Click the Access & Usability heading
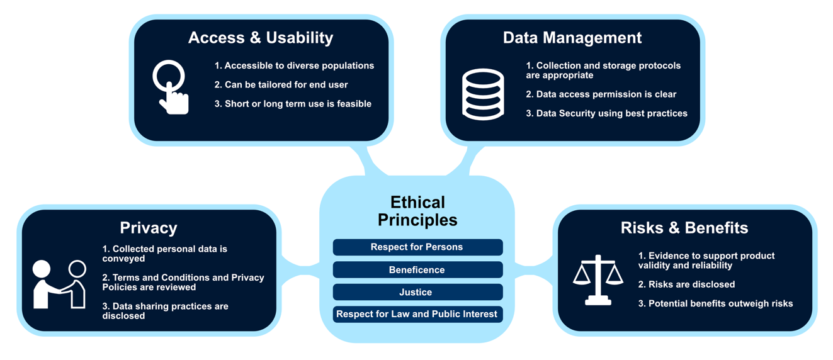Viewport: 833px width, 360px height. pos(260,38)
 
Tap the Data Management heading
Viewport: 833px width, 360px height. pos(572,38)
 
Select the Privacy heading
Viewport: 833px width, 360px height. pos(149,228)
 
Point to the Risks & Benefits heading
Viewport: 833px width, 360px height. pos(684,228)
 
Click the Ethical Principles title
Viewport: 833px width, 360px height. pos(417,211)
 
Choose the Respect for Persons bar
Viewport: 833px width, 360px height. pos(417,247)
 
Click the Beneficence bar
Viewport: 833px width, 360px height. pos(417,269)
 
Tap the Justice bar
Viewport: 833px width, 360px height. pos(417,292)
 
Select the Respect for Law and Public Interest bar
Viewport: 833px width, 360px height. pos(417,314)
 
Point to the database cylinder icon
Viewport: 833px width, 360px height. pos(483,94)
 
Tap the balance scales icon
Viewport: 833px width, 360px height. pos(598,280)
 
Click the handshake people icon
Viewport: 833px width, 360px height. pos(59,284)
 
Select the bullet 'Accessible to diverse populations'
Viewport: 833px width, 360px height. pos(294,66)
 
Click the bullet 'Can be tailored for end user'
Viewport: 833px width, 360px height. pos(281,85)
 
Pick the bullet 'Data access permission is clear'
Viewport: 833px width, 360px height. pos(601,94)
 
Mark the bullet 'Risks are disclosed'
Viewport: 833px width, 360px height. pos(686,284)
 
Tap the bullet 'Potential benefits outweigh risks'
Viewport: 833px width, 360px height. pos(715,304)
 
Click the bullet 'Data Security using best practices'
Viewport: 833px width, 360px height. pos(606,113)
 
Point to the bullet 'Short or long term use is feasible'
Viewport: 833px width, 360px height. pos(293,104)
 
